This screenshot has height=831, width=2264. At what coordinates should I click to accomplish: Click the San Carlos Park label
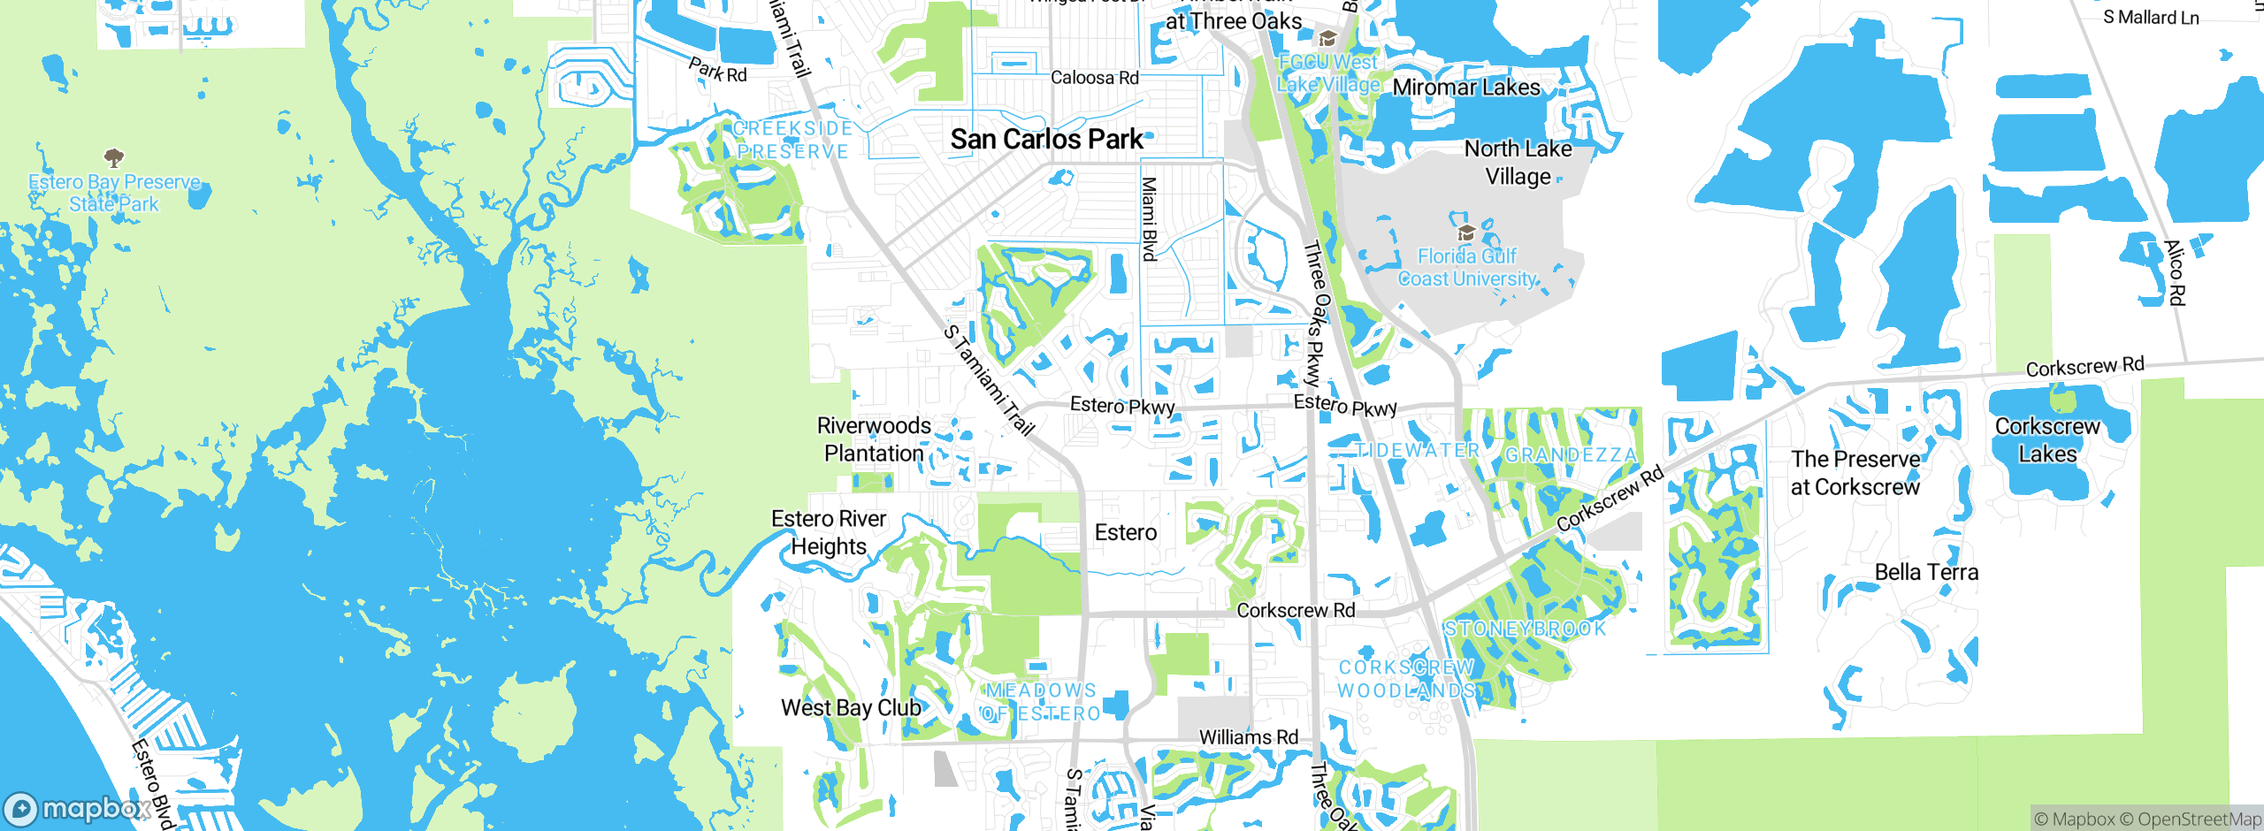pyautogui.click(x=1047, y=140)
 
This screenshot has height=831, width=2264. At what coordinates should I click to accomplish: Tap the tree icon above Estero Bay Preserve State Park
pyautogui.click(x=113, y=158)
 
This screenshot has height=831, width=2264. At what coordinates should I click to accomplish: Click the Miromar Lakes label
pyautogui.click(x=1466, y=88)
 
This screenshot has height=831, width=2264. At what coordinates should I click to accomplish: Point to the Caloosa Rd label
pyautogui.click(x=1094, y=78)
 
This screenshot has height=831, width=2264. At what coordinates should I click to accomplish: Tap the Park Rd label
pyautogui.click(x=717, y=71)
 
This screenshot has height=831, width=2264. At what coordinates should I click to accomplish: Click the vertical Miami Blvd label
pyautogui.click(x=1148, y=218)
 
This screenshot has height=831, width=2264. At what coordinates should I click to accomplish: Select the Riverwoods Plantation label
pyautogui.click(x=874, y=439)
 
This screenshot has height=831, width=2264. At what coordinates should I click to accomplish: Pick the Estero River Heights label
pyautogui.click(x=829, y=532)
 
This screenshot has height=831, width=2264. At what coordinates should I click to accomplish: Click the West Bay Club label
pyautogui.click(x=851, y=708)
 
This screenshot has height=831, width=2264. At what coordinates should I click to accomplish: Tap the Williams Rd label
pyautogui.click(x=1248, y=737)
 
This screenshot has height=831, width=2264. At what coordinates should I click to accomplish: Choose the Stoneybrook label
pyautogui.click(x=1525, y=629)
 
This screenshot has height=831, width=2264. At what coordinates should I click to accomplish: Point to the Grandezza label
pyautogui.click(x=1571, y=455)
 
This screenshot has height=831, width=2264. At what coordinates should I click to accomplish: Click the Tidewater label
pyautogui.click(x=1417, y=451)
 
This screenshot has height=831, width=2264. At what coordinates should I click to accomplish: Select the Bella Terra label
pyautogui.click(x=1926, y=573)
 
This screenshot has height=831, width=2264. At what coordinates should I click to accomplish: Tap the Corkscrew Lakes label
pyautogui.click(x=2047, y=440)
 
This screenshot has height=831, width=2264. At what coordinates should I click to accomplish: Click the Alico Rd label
pyautogui.click(x=2175, y=272)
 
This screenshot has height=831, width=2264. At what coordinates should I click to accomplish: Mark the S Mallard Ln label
pyautogui.click(x=2151, y=18)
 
